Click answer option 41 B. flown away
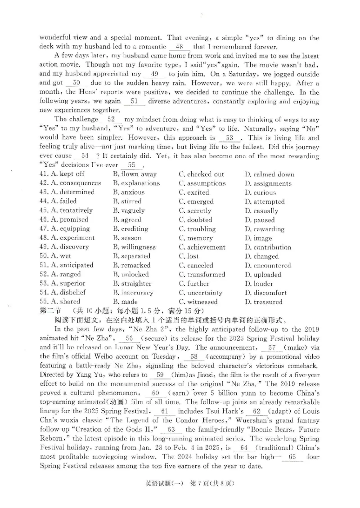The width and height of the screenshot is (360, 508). click(x=135, y=174)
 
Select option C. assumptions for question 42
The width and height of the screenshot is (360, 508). click(x=202, y=183)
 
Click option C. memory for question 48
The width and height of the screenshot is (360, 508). click(x=196, y=238)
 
